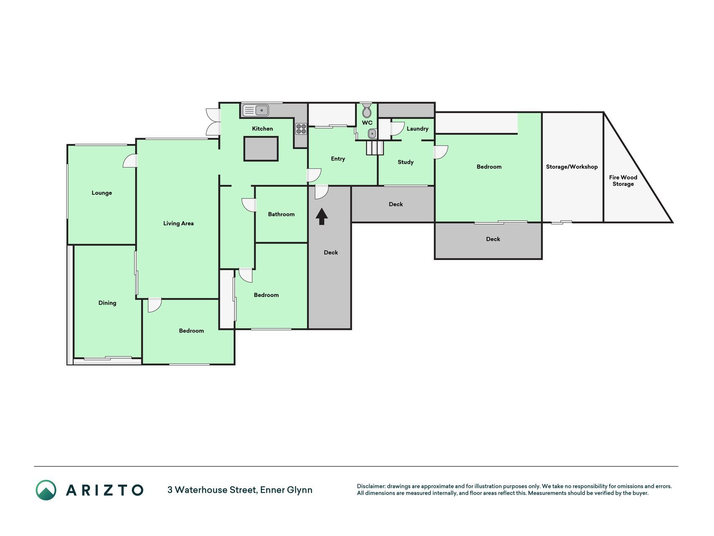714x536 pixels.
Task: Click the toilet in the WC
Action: tap(367, 110)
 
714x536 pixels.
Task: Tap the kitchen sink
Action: tap(256, 111)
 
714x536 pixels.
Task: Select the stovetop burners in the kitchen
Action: tap(301, 129)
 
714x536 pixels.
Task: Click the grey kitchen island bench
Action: tap(261, 149)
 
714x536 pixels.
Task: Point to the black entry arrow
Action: tap(322, 216)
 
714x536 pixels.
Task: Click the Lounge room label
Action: tap(102, 193)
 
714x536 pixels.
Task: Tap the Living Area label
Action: tap(179, 224)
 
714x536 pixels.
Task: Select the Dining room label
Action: tap(107, 303)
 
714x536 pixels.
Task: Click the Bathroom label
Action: tap(282, 214)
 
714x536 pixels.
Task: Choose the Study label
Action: tap(406, 162)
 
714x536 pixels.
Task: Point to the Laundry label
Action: tap(417, 129)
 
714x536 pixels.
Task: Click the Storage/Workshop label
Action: tap(572, 167)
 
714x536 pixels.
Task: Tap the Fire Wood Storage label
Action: tap(623, 180)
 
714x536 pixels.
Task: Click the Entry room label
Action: tap(338, 159)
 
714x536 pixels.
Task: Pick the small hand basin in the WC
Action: tap(372, 134)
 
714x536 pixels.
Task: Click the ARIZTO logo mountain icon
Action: tap(46, 490)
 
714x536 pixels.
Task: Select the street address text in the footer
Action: tap(240, 490)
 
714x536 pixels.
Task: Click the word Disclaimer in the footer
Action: tap(371, 486)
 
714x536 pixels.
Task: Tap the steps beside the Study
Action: tap(375, 148)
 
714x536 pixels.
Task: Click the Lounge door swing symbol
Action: tap(130, 161)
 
